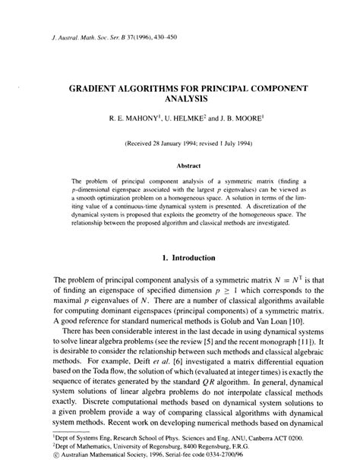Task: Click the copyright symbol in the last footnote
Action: click(x=35, y=455)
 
